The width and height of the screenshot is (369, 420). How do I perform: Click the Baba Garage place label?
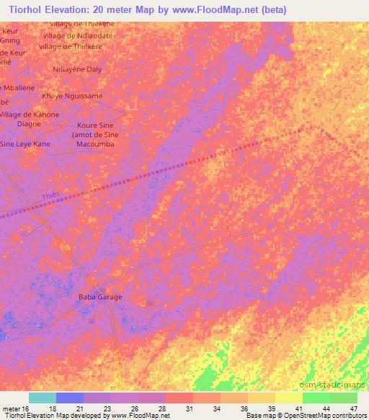100,297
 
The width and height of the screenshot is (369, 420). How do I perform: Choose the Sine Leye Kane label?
25,144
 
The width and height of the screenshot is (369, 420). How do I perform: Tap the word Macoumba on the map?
95,144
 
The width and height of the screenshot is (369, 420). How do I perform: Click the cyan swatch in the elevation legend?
43,398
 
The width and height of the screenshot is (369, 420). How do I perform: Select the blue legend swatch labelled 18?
70,398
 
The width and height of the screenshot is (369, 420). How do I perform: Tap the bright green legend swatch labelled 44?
316,398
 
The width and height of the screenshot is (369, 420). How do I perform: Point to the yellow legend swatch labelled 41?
289,398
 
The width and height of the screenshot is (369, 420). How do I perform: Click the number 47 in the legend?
353,408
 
